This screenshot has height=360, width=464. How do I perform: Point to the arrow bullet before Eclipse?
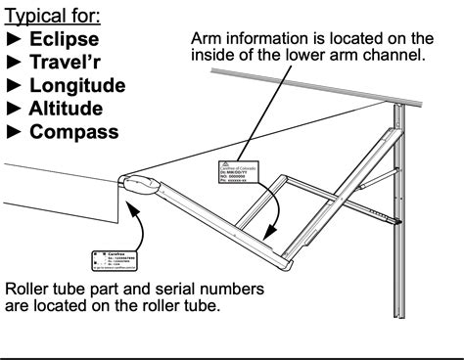point(15,41)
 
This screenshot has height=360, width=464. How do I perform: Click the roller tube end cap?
point(143,184)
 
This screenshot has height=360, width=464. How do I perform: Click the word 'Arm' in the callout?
point(207,38)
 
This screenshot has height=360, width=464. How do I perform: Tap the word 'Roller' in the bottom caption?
point(30,291)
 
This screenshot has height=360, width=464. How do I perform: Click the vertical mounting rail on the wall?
point(398,196)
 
